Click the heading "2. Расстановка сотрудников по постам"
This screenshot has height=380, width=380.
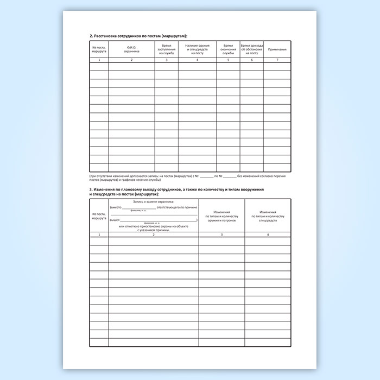pyautogui.click(x=138, y=36)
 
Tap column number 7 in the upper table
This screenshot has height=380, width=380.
pyautogui.click(x=277, y=60)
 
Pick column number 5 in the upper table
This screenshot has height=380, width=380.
pyautogui.click(x=228, y=60)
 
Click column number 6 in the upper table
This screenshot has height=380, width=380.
pyautogui.click(x=251, y=60)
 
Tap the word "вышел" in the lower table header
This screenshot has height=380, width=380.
pyautogui.click(x=114, y=220)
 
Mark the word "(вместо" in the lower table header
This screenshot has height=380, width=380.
pyautogui.click(x=116, y=207)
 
